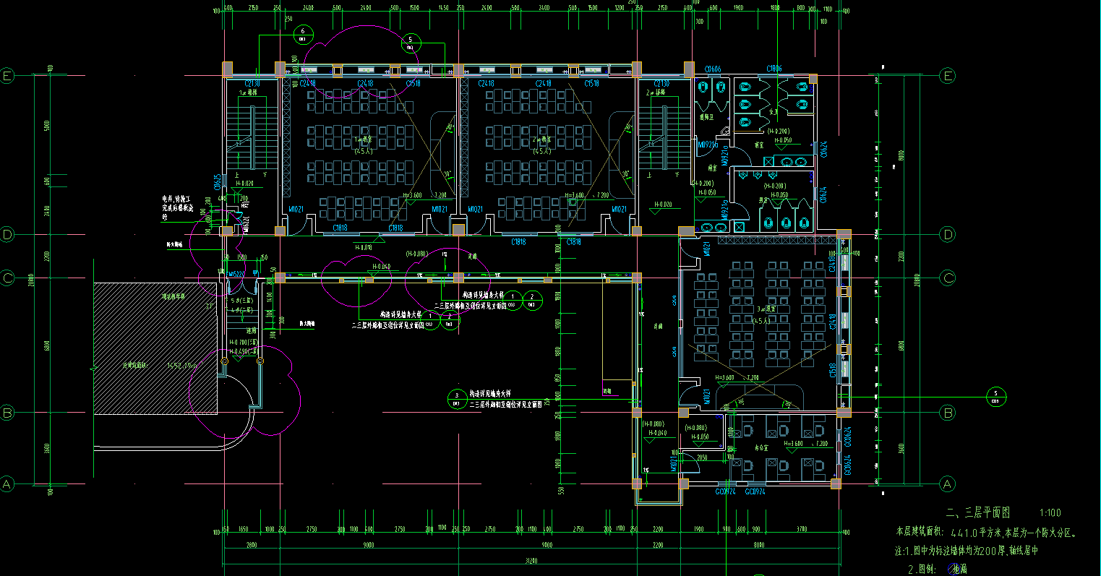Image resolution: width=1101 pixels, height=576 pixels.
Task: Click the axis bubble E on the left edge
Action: tap(7, 76)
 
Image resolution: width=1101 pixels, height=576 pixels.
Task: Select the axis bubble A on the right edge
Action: tap(947, 483)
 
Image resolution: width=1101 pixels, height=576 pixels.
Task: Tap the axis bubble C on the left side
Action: tap(7, 278)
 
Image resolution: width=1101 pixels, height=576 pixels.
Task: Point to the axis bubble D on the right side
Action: tap(947, 234)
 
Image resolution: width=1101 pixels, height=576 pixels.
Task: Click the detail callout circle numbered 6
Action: tap(304, 33)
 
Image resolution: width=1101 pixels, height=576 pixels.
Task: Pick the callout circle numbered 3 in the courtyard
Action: tap(457, 395)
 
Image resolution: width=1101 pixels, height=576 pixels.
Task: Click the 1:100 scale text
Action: tap(1050, 513)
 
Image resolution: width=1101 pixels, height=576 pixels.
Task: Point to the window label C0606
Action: tap(713, 69)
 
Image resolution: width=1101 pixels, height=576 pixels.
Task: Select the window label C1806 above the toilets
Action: tap(774, 69)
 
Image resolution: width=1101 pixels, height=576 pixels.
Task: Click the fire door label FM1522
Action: tap(236, 274)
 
